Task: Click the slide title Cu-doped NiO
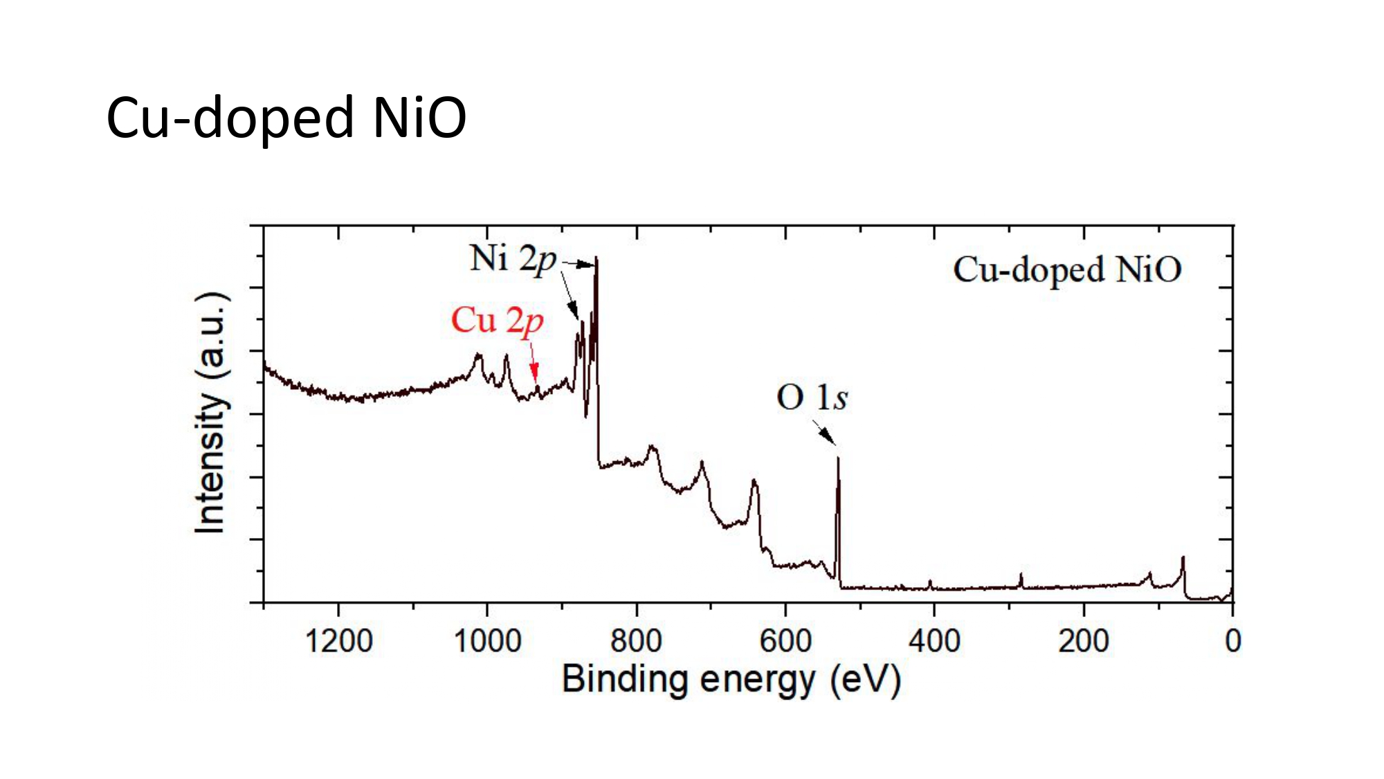coord(286,118)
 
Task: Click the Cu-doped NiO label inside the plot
coord(1066,269)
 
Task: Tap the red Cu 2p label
coord(497,321)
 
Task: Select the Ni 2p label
coord(513,259)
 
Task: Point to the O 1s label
coord(812,397)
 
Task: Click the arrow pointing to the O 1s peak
coord(824,432)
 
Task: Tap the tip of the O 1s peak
coord(838,458)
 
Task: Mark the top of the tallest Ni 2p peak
coord(596,258)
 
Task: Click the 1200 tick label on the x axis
coord(338,641)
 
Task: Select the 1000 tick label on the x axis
coord(487,641)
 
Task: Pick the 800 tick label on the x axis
coord(636,641)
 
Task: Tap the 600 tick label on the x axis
coord(785,641)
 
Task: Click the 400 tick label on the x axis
coord(934,641)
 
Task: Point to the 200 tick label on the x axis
coord(1084,641)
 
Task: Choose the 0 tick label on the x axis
coord(1232,641)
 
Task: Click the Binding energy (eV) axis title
coord(731,679)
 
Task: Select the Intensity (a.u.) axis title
coord(210,413)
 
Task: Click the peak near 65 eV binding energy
coord(1183,558)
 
